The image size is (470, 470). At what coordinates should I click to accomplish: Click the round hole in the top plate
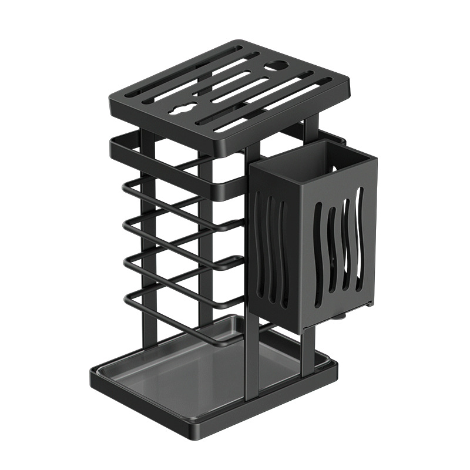click(x=275, y=67)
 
